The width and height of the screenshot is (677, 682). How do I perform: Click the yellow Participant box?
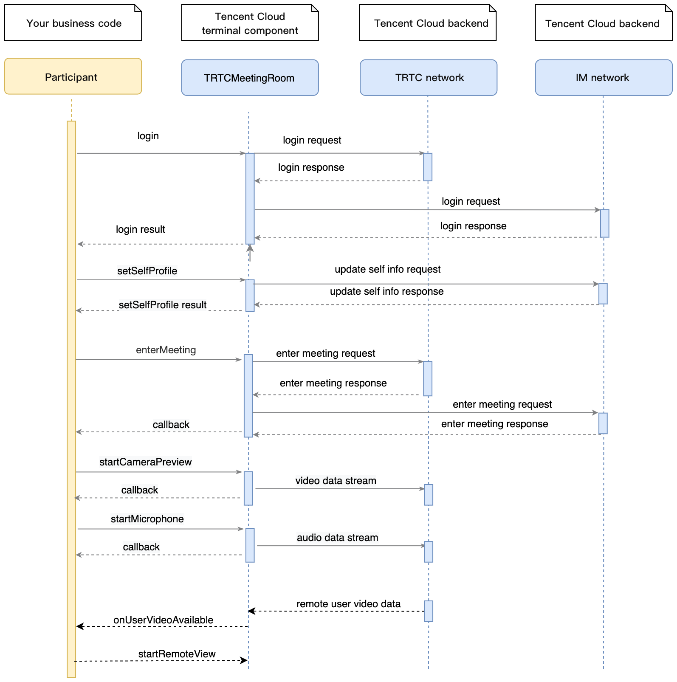(73, 76)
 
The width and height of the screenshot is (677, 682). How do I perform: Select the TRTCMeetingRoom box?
(250, 78)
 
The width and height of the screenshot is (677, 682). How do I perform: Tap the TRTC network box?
(428, 78)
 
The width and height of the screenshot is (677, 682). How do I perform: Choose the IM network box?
(603, 78)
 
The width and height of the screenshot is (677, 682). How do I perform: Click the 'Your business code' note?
(73, 23)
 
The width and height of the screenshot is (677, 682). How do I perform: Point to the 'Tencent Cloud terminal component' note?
(250, 23)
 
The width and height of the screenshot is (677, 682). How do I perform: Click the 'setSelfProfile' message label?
(147, 271)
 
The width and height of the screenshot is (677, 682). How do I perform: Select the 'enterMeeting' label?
(166, 350)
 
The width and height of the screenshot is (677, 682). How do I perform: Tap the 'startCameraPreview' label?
(145, 462)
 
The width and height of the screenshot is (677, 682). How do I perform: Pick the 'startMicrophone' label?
(147, 519)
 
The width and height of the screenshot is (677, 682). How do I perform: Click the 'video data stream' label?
(336, 481)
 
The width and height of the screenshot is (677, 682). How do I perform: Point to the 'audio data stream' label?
(337, 538)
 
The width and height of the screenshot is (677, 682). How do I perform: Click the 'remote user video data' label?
(348, 604)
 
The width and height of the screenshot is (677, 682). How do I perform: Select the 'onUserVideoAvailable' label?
(163, 620)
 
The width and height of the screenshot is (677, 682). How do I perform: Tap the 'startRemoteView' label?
(177, 654)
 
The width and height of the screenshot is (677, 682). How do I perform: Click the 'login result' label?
(140, 229)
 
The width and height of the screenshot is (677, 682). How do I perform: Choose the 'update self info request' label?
(387, 269)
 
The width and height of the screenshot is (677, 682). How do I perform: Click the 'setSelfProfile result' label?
(162, 305)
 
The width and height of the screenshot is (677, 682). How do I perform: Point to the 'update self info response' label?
(386, 291)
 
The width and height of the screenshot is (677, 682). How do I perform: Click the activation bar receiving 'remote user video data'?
(429, 611)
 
